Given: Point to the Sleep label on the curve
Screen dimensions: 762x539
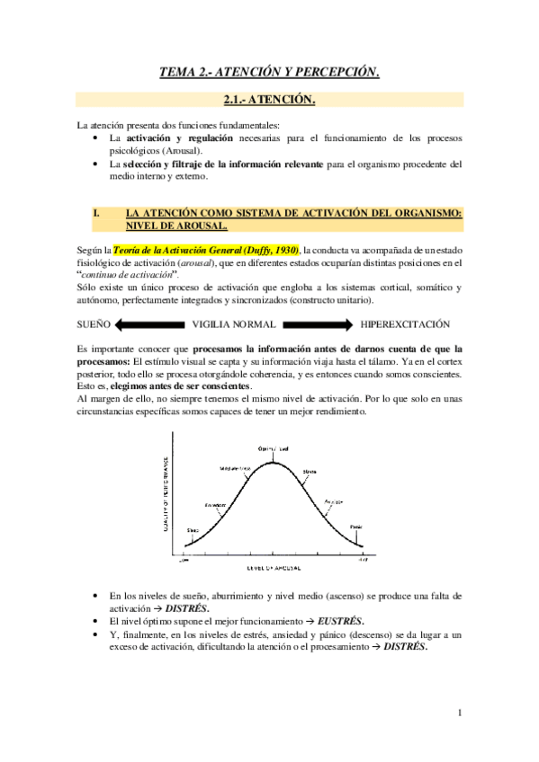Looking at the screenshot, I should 192,530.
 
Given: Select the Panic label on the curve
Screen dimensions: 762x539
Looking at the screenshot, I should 355,527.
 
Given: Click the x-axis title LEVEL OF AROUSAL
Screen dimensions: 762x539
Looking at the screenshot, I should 272,570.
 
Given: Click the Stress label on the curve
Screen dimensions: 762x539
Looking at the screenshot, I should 310,470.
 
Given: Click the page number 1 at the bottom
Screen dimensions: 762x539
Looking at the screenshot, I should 459,713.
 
